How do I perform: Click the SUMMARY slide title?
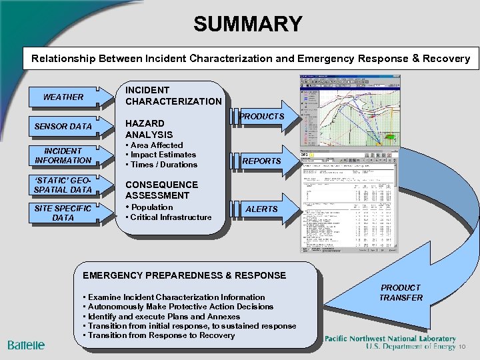pyautogui.click(x=247, y=24)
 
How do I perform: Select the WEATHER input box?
pyautogui.click(x=63, y=97)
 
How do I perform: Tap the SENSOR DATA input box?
pyautogui.click(x=63, y=127)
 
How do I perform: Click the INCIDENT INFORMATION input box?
pyautogui.click(x=63, y=155)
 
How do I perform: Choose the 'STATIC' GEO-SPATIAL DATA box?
pyautogui.click(x=63, y=185)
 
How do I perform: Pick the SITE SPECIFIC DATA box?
pyautogui.click(x=63, y=213)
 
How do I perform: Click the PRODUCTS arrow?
pyautogui.click(x=262, y=117)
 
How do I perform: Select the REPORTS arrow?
pyautogui.click(x=262, y=161)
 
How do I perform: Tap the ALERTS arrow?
pyautogui.click(x=262, y=209)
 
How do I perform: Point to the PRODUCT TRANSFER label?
pyautogui.click(x=401, y=293)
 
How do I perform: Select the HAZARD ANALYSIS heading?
pyautogui.click(x=149, y=129)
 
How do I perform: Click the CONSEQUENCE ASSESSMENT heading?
pyautogui.click(x=161, y=190)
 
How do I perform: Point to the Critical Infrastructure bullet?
pyautogui.click(x=171, y=217)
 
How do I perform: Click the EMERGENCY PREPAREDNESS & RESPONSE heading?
pyautogui.click(x=183, y=275)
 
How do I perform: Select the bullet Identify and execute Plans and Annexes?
pyautogui.click(x=160, y=317)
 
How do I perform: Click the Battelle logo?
pyautogui.click(x=27, y=345)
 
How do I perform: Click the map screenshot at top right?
pyautogui.click(x=350, y=111)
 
